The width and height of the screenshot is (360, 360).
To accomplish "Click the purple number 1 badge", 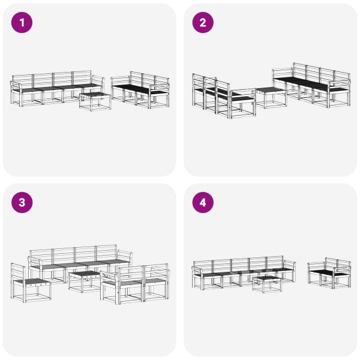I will pyautogui.click(x=22, y=23).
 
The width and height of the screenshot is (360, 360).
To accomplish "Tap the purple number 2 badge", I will pyautogui.click(x=203, y=23).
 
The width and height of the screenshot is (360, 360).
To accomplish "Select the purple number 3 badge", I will pyautogui.click(x=22, y=203).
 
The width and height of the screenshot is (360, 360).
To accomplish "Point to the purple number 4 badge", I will pyautogui.click(x=203, y=203).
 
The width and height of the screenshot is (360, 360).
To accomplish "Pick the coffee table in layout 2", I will pyautogui.click(x=271, y=97).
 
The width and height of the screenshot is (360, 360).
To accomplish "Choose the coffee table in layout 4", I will pyautogui.click(x=266, y=283).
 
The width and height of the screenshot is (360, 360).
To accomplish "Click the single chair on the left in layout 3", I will pyautogui.click(x=30, y=283).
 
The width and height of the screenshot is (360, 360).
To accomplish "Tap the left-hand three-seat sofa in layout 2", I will pyautogui.click(x=219, y=96).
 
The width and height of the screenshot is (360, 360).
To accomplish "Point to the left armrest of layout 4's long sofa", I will pyautogui.click(x=197, y=274).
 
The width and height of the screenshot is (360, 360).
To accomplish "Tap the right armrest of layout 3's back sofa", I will pyautogui.click(x=125, y=259).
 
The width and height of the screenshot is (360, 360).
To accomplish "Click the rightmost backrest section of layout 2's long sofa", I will pyautogui.click(x=341, y=79).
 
